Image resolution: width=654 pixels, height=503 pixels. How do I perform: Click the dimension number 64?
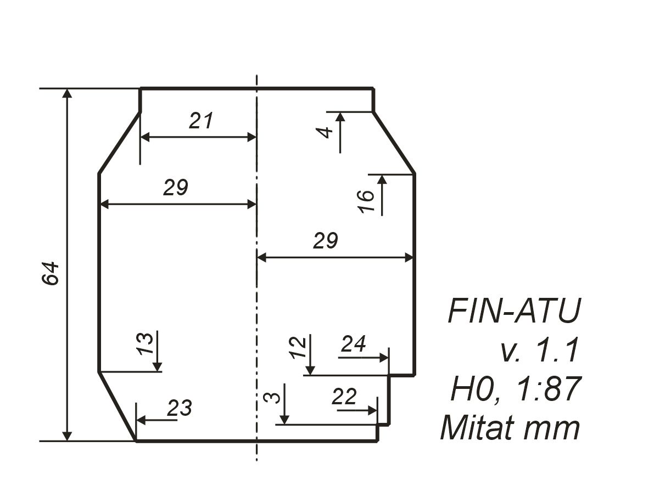click(51, 273)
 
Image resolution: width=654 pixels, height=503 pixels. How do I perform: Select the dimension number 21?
click(201, 120)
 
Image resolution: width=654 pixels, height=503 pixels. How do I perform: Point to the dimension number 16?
click(366, 201)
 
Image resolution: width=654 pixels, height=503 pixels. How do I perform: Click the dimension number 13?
click(146, 343)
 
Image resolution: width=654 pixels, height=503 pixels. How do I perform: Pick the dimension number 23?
click(180, 408)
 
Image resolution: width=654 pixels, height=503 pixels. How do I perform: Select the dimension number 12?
click(298, 348)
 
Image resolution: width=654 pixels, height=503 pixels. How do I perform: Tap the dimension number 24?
click(353, 344)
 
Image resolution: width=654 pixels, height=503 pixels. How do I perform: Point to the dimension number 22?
click(344, 397)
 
